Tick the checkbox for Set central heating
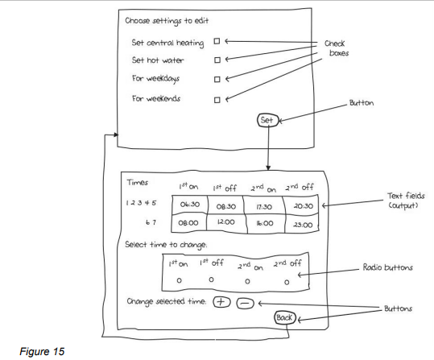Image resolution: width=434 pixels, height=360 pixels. click(217, 41)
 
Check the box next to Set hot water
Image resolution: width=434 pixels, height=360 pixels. click(217, 60)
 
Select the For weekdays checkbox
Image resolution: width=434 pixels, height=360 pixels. click(217, 80)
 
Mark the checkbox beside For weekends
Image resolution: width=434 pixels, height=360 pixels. click(217, 100)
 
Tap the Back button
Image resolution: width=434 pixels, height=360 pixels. click(284, 317)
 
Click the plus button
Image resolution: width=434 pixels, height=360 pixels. click(221, 302)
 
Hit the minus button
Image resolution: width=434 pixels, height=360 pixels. click(245, 304)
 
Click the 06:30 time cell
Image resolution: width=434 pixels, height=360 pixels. click(189, 205)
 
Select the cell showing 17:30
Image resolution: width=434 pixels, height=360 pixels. click(263, 206)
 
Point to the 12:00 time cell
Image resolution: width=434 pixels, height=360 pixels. click(225, 222)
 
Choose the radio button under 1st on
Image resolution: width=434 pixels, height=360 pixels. click(179, 280)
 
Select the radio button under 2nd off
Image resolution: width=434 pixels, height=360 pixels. click(287, 282)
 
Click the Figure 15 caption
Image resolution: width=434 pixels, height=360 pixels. click(42, 351)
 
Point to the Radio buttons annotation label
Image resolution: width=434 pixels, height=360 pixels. click(388, 267)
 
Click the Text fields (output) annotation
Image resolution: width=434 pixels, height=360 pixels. click(406, 201)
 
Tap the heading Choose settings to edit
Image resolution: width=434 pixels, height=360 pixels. click(167, 21)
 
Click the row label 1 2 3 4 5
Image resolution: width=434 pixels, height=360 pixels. click(141, 203)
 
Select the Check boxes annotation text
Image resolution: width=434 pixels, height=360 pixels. click(337, 48)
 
